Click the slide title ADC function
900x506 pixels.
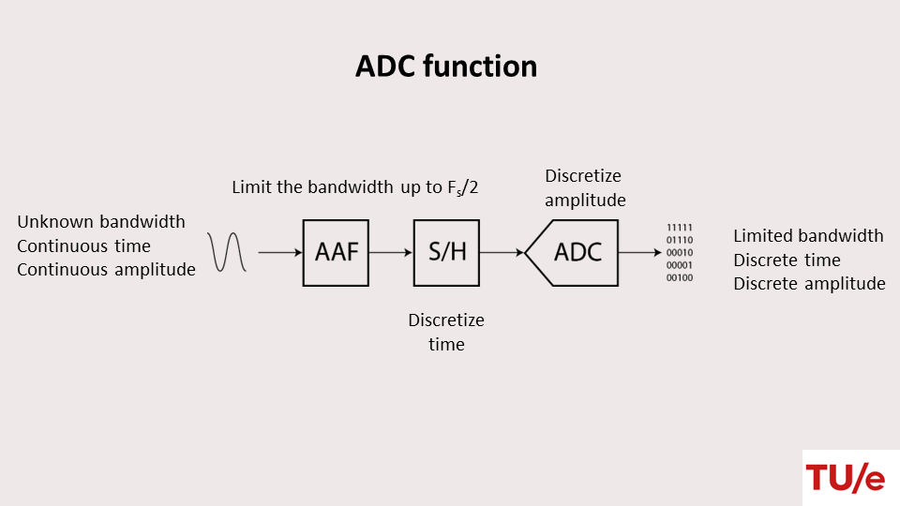pyautogui.click(x=446, y=67)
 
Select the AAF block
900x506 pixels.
pyautogui.click(x=336, y=253)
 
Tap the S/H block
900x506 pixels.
pyautogui.click(x=446, y=253)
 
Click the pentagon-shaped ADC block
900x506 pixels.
pyautogui.click(x=574, y=253)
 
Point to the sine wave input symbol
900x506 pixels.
pyautogui.click(x=228, y=252)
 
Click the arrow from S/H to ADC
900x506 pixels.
pyautogui.click(x=502, y=253)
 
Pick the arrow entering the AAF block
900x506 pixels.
pyautogui.click(x=280, y=253)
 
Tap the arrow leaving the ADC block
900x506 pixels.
pyautogui.click(x=639, y=253)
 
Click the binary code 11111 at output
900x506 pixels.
pyautogui.click(x=680, y=228)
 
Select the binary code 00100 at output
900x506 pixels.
pyautogui.click(x=680, y=277)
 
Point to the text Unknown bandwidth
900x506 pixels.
pyautogui.click(x=101, y=222)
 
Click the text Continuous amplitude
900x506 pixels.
pyautogui.click(x=106, y=270)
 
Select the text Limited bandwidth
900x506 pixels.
pyautogui.click(x=808, y=236)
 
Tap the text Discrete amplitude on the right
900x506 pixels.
pyautogui.click(x=809, y=284)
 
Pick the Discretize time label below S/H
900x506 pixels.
pyautogui.click(x=446, y=332)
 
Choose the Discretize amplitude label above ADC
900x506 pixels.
pyautogui.click(x=584, y=187)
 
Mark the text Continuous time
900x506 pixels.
pyautogui.click(x=83, y=246)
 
